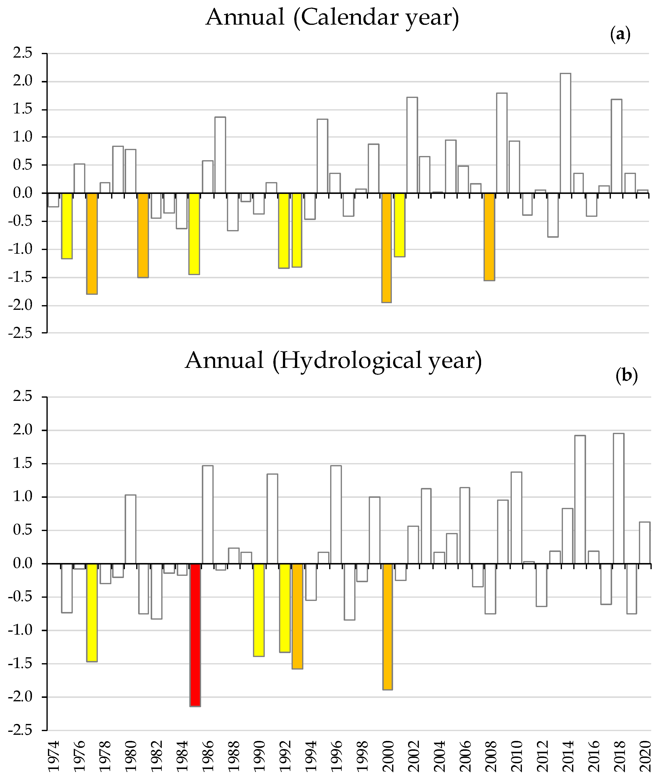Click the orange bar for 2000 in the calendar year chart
tap(386, 248)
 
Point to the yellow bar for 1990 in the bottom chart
tap(259, 610)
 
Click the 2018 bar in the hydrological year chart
tap(618, 499)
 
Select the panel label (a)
tap(620, 35)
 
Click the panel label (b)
tap(627, 376)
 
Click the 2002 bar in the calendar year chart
tap(412, 145)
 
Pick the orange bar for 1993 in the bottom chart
tap(297, 616)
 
